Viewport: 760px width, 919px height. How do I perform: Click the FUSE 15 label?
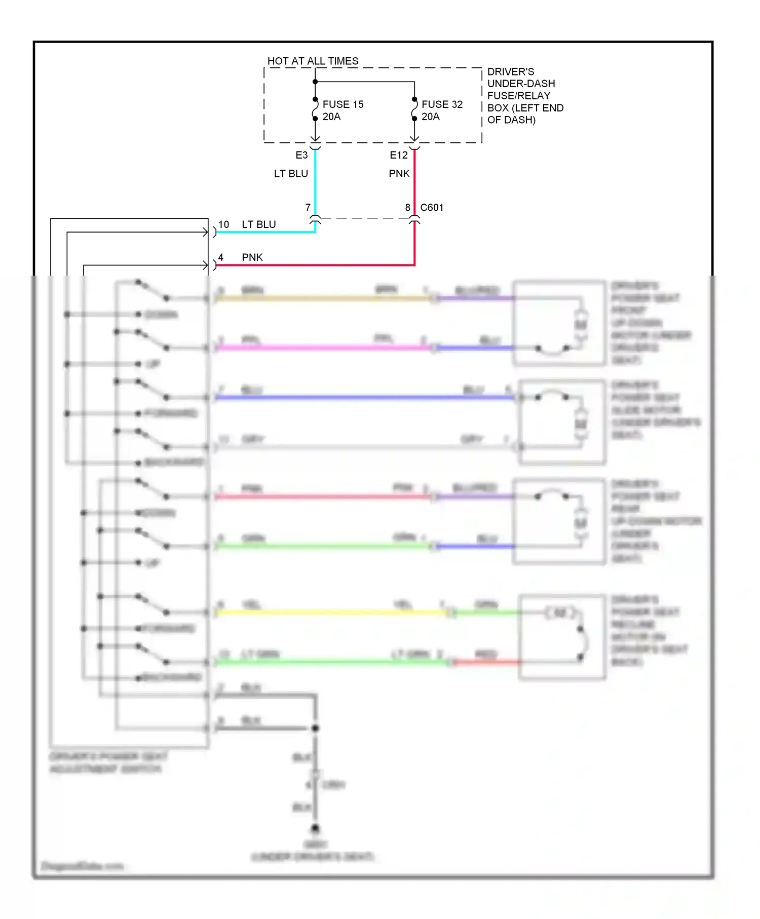tap(343, 104)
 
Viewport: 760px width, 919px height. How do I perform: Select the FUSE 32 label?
tap(442, 104)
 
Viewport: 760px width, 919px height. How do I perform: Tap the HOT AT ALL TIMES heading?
tap(313, 61)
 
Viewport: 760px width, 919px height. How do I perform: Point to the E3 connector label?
tap(301, 155)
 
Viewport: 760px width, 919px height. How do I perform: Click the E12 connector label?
tap(398, 155)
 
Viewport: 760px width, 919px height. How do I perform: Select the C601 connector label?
tap(432, 207)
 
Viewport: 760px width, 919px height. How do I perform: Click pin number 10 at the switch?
tap(223, 224)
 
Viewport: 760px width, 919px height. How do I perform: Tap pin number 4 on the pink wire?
tap(220, 257)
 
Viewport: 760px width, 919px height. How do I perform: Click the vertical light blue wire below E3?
tap(315, 182)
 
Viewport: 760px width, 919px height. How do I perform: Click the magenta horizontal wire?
tap(324, 348)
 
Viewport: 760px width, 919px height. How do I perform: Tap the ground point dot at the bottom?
tap(315, 829)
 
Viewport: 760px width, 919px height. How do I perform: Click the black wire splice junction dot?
tap(315, 728)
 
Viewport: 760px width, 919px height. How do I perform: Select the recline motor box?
tap(562, 637)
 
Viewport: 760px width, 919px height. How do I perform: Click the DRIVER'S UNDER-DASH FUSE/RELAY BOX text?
tap(525, 96)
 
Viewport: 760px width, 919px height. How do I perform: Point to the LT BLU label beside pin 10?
tap(258, 224)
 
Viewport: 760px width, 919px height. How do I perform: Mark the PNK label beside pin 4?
tap(252, 257)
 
